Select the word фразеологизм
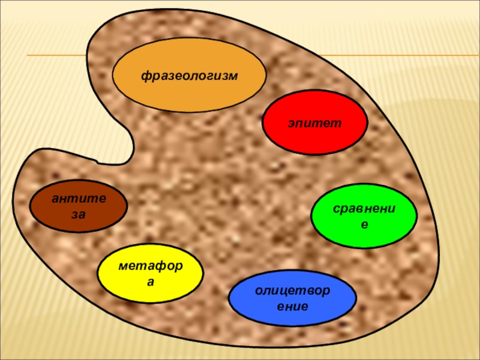point(190,76)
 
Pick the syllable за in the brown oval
point(78,214)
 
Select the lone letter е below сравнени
point(364,225)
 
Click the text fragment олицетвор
point(292,291)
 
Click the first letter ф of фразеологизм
point(145,76)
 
